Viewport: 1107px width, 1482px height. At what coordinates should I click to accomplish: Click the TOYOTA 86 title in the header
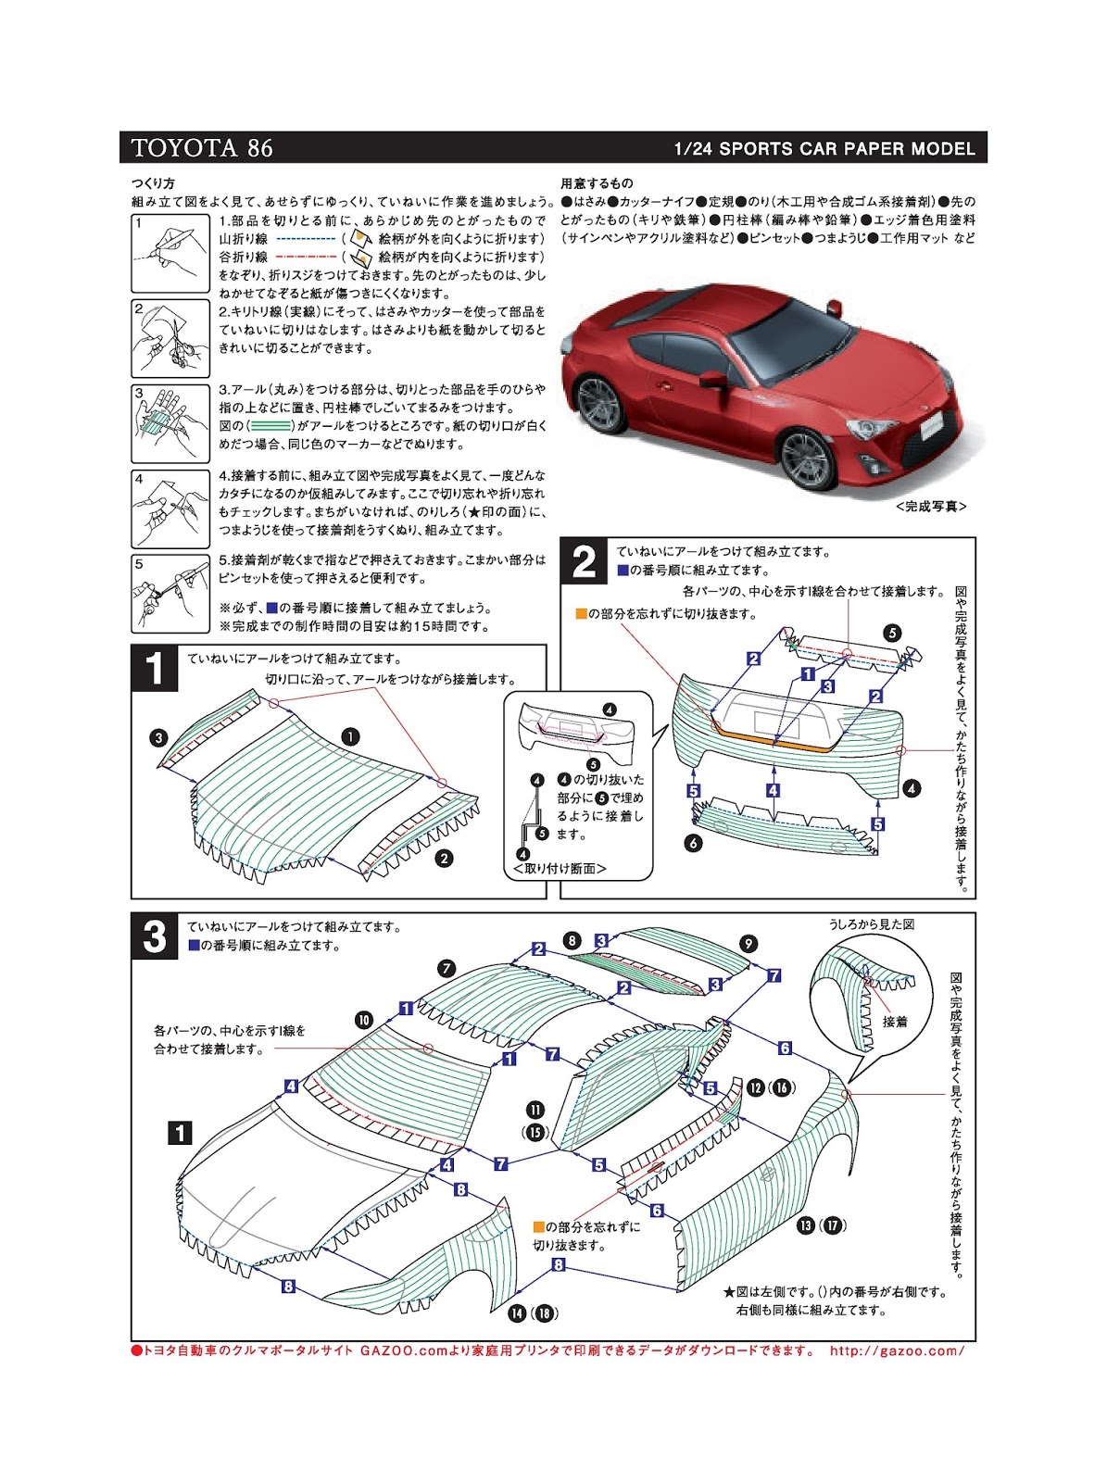tap(202, 148)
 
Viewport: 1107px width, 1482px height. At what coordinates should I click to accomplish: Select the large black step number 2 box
tap(584, 561)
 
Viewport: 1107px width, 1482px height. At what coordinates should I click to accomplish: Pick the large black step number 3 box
tap(154, 936)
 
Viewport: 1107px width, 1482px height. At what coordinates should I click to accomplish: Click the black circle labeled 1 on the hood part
tap(350, 736)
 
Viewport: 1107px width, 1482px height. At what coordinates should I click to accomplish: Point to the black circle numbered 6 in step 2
tap(693, 843)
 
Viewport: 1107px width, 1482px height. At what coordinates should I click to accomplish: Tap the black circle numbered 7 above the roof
tap(447, 969)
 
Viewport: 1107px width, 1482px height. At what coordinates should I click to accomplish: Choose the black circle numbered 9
tap(748, 944)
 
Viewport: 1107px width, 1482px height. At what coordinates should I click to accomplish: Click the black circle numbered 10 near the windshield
tap(363, 1020)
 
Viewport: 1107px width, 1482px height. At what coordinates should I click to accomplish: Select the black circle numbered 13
tap(806, 1225)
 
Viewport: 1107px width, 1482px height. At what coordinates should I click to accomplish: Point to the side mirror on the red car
tap(713, 380)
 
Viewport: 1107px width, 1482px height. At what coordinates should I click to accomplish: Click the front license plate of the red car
tap(930, 426)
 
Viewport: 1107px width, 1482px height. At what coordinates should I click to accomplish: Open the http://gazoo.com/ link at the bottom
tap(897, 1350)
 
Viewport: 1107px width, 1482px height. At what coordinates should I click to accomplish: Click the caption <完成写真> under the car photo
tap(930, 507)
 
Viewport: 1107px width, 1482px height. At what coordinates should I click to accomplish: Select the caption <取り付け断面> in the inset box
tap(560, 869)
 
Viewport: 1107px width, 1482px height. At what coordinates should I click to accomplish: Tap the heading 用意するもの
tap(597, 183)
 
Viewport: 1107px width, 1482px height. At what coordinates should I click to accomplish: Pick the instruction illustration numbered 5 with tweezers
tap(170, 594)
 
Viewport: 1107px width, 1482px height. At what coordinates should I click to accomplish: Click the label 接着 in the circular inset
tap(895, 1022)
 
